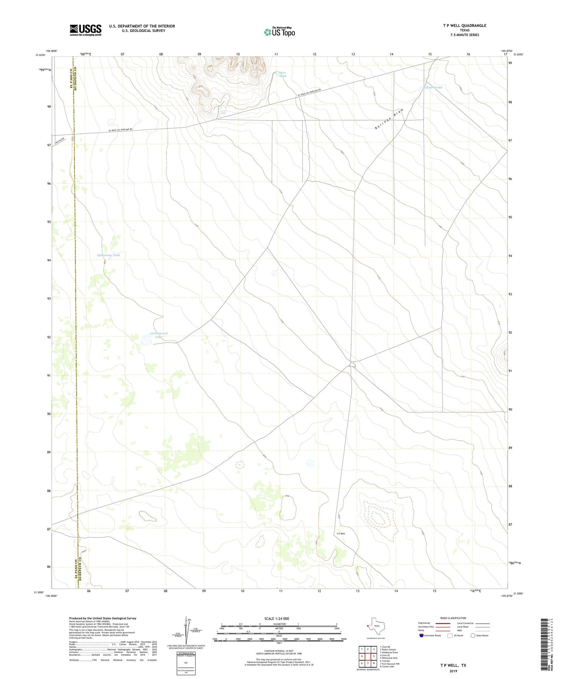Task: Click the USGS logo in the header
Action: (86, 30)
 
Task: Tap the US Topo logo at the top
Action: (280, 31)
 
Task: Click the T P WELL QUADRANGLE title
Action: (464, 26)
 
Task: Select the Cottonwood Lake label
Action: (159, 335)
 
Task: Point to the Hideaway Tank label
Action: (109, 255)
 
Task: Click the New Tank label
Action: (283, 74)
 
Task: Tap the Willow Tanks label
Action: (432, 87)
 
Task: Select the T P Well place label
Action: (340, 534)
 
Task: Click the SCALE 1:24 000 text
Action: (277, 619)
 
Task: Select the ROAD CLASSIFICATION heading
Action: (453, 618)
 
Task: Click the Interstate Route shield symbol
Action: (422, 635)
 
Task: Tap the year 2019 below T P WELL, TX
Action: (453, 671)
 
